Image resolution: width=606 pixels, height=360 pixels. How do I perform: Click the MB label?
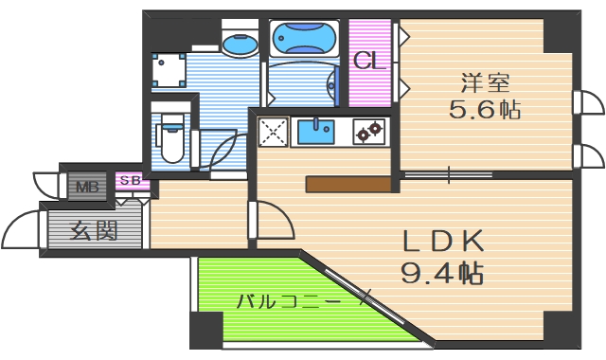click(87, 185)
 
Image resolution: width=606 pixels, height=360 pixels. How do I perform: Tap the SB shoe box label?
click(131, 180)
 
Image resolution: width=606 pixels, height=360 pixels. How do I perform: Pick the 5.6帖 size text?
click(484, 109)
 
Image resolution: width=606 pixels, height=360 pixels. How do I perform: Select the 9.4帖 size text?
click(441, 274)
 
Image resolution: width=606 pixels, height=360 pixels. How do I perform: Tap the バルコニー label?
click(286, 302)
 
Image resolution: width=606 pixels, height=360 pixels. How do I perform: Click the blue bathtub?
click(303, 40)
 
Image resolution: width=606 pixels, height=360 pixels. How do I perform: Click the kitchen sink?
click(316, 131)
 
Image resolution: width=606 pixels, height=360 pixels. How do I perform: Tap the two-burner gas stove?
click(367, 131)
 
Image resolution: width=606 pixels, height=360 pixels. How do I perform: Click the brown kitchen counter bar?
click(348, 185)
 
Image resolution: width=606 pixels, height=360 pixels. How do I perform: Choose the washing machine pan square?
click(169, 70)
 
